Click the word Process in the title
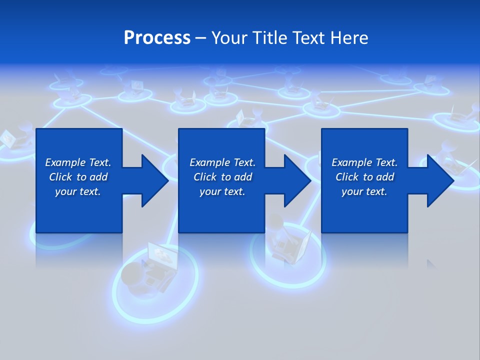pos(157,38)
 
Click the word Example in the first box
pos(65,162)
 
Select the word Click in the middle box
pos(204,177)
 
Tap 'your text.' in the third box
pos(364,191)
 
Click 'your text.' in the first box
pos(78,191)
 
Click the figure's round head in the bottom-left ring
pos(131,274)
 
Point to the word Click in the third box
pos(346,177)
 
